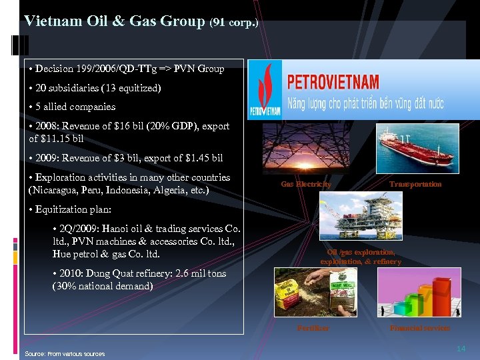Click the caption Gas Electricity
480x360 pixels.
pos(306,184)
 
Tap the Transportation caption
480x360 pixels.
pos(415,184)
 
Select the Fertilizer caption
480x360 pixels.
pos(313,328)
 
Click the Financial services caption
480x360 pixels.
pos(420,328)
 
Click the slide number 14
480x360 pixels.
pos(461,349)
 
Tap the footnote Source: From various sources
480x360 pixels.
pos(65,353)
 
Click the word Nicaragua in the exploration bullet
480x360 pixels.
pos(54,190)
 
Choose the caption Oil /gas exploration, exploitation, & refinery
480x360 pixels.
pos(361,257)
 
